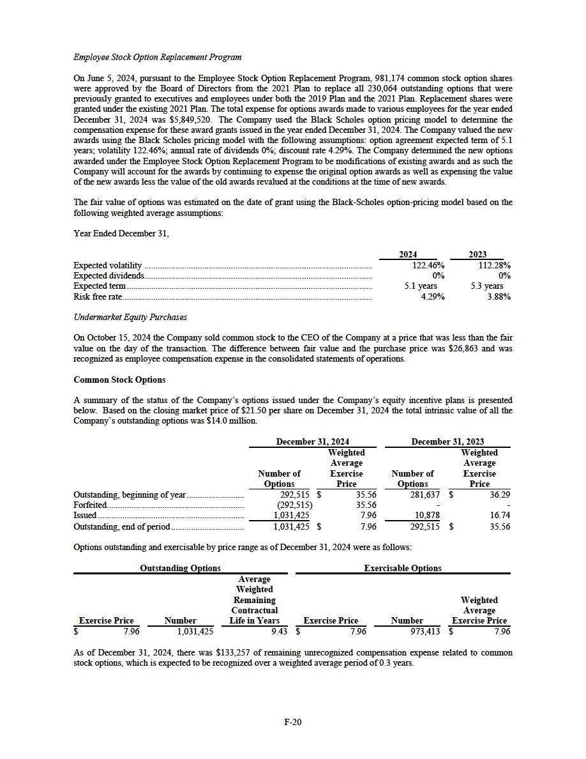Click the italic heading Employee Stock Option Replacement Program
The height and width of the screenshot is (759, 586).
point(157,57)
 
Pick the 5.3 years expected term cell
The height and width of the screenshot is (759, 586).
point(486,286)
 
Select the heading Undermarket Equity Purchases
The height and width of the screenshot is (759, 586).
point(130,318)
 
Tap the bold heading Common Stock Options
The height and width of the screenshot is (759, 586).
point(119,379)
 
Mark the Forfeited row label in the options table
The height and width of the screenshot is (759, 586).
point(90,505)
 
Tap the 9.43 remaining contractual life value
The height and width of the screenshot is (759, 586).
point(276,631)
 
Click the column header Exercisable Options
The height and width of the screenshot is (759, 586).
point(402,567)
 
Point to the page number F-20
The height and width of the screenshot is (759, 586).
point(293,722)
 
